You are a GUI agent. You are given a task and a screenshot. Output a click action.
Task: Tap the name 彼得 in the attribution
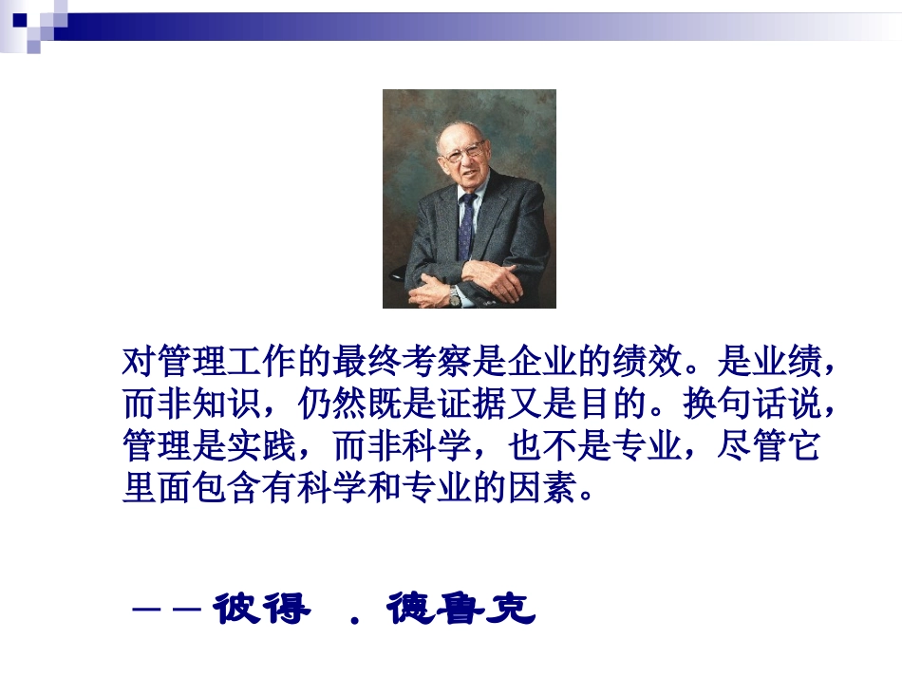[x=261, y=610]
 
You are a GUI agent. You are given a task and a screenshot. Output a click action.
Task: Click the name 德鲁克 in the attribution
[x=460, y=610]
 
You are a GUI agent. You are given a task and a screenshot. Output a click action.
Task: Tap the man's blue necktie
[x=466, y=224]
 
